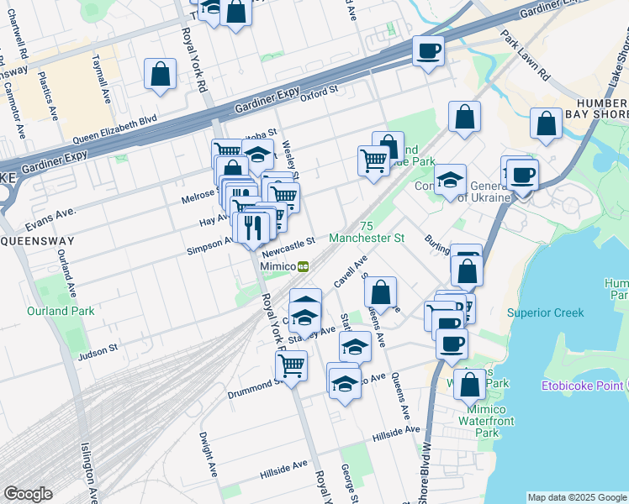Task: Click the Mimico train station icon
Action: pos(302,266)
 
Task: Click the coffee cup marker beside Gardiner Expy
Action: pos(428,51)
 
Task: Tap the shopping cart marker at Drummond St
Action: pos(291,365)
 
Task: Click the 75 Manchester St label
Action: pos(366,233)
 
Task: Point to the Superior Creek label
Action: pos(545,313)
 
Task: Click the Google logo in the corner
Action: pos(28,494)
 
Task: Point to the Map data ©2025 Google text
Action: pos(577,497)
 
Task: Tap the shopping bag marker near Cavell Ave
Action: pos(381,293)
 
